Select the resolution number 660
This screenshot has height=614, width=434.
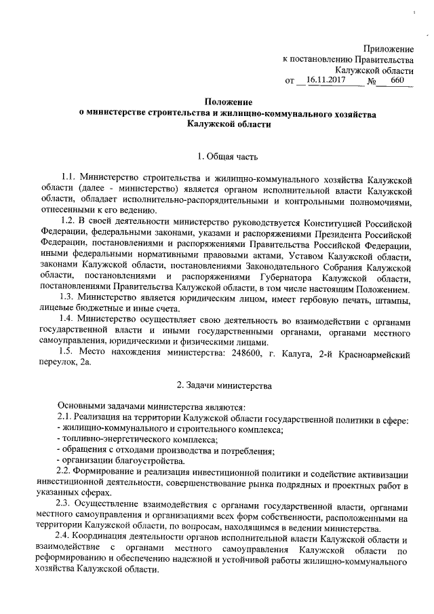pyautogui.click(x=397, y=81)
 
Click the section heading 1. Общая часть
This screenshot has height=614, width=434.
pyautogui.click(x=223, y=158)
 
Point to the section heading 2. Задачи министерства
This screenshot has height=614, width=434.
pyautogui.click(x=223, y=386)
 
